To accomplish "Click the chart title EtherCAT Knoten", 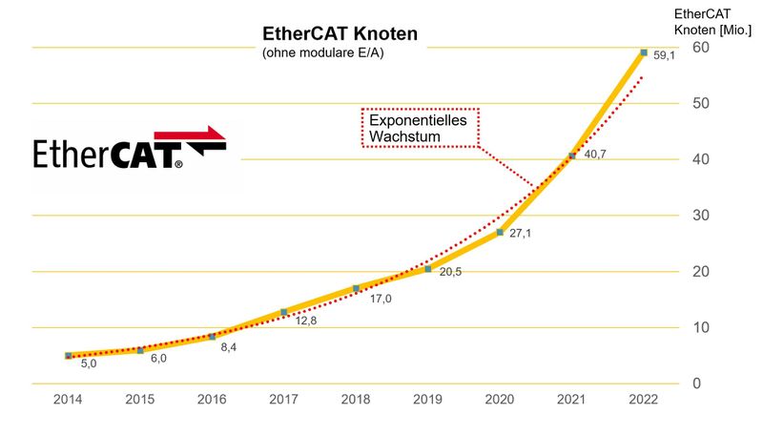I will tap(340, 34).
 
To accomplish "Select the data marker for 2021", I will tap(572, 156).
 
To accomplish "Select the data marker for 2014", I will tap(69, 356).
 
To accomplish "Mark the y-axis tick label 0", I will tap(697, 383).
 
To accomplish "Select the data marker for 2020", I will tap(500, 232).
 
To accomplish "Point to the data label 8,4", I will tap(230, 348).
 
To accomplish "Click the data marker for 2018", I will tap(356, 288).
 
